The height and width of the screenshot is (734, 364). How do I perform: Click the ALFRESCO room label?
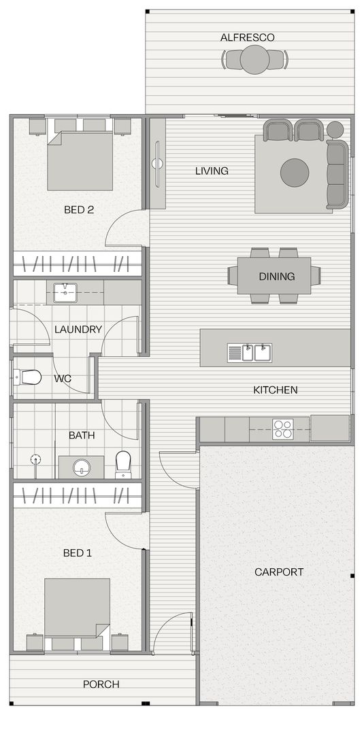(247, 37)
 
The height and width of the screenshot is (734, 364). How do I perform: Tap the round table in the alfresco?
(254, 60)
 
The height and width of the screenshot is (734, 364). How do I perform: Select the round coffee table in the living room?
(295, 173)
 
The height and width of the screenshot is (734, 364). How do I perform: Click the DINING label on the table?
(276, 277)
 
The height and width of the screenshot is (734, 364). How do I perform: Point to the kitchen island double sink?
(250, 353)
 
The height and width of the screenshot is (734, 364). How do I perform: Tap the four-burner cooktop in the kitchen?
(282, 428)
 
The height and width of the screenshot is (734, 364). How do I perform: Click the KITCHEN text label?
(275, 390)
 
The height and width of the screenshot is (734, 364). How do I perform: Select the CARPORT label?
(279, 572)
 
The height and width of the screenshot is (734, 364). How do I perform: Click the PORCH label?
(101, 684)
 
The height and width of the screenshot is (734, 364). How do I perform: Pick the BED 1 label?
(77, 553)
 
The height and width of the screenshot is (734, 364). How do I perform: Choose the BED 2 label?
(79, 210)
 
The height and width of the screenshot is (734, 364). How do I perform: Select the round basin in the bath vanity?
(82, 467)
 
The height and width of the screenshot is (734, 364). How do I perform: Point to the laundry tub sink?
(65, 293)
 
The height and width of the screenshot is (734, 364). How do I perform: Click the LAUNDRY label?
(78, 330)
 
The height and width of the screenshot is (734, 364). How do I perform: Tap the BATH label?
(82, 435)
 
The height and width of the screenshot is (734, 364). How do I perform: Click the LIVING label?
(212, 171)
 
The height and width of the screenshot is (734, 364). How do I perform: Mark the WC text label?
(63, 379)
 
